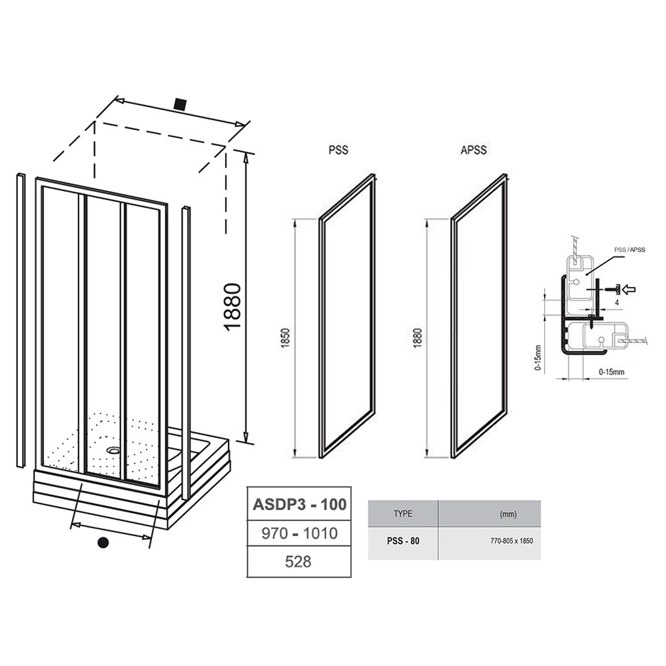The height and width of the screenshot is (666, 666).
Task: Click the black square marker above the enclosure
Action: pos(180,104)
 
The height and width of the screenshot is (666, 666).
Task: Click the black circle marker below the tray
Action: pos(103,542)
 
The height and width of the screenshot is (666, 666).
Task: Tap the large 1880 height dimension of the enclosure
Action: pos(232,306)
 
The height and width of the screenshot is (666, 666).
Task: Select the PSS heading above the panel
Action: pos(338,150)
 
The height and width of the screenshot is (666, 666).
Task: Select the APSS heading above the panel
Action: pos(474,150)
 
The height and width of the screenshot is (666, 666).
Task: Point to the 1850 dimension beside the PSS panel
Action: pos(286,338)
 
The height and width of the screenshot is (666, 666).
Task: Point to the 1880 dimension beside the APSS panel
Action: pos(418,338)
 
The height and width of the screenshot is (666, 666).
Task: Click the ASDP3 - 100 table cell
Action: pos(300,504)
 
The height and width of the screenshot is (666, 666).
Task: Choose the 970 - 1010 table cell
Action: pos(300,533)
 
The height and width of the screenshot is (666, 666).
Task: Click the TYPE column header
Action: pos(403,514)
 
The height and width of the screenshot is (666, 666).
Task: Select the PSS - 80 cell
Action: pos(403,541)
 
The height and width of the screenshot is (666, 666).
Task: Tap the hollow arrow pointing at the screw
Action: pos(629,290)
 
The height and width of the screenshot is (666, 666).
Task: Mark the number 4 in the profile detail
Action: pos(616,303)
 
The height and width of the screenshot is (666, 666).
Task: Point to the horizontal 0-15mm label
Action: pos(611,372)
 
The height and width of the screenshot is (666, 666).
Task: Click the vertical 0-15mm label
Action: pos(538,358)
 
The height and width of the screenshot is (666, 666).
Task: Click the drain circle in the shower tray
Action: pos(113,450)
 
